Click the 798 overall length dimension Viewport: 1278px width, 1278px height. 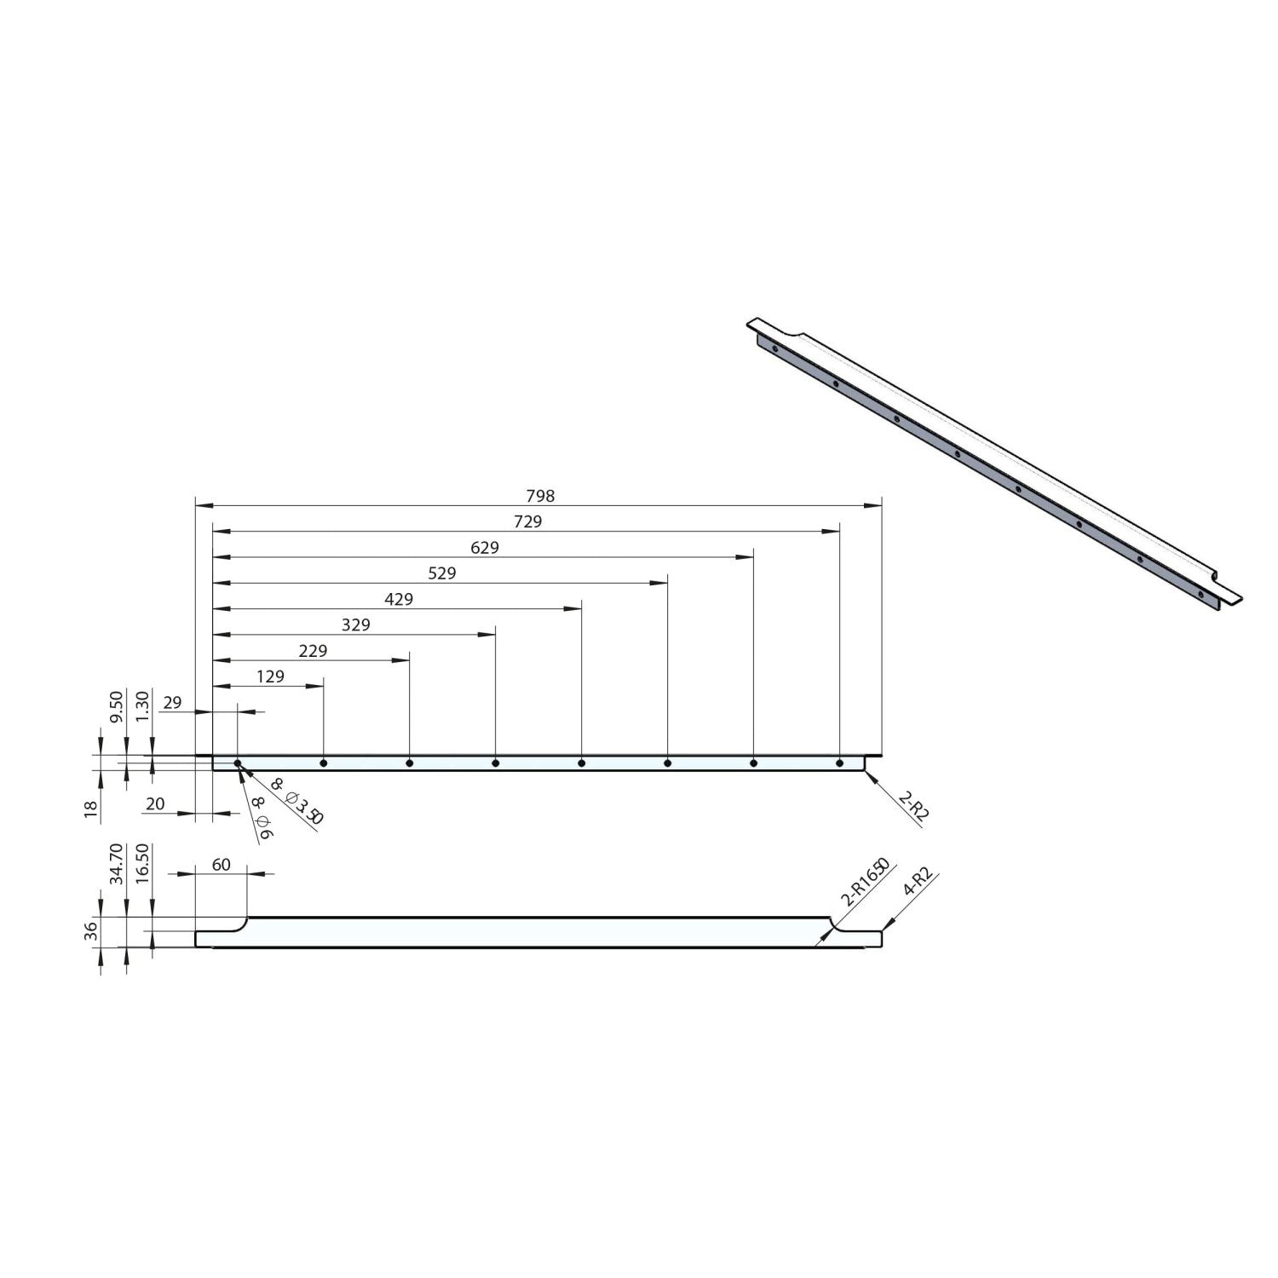[x=540, y=496]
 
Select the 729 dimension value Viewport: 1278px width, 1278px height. [x=527, y=521]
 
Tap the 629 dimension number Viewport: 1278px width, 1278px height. [x=484, y=548]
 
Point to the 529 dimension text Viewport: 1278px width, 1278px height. [x=441, y=573]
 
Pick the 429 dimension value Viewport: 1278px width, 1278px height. [x=399, y=599]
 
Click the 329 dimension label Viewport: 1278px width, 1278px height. [x=355, y=625]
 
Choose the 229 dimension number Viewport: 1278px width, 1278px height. [x=313, y=650]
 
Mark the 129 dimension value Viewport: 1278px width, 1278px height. [x=270, y=676]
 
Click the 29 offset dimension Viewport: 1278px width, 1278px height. [x=172, y=703]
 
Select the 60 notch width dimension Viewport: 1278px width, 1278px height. [x=221, y=865]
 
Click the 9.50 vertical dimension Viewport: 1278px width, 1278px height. [x=118, y=706]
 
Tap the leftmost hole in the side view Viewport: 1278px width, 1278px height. [x=238, y=763]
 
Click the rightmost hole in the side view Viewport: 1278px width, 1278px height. [x=839, y=763]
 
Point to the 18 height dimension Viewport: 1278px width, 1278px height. [x=91, y=805]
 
